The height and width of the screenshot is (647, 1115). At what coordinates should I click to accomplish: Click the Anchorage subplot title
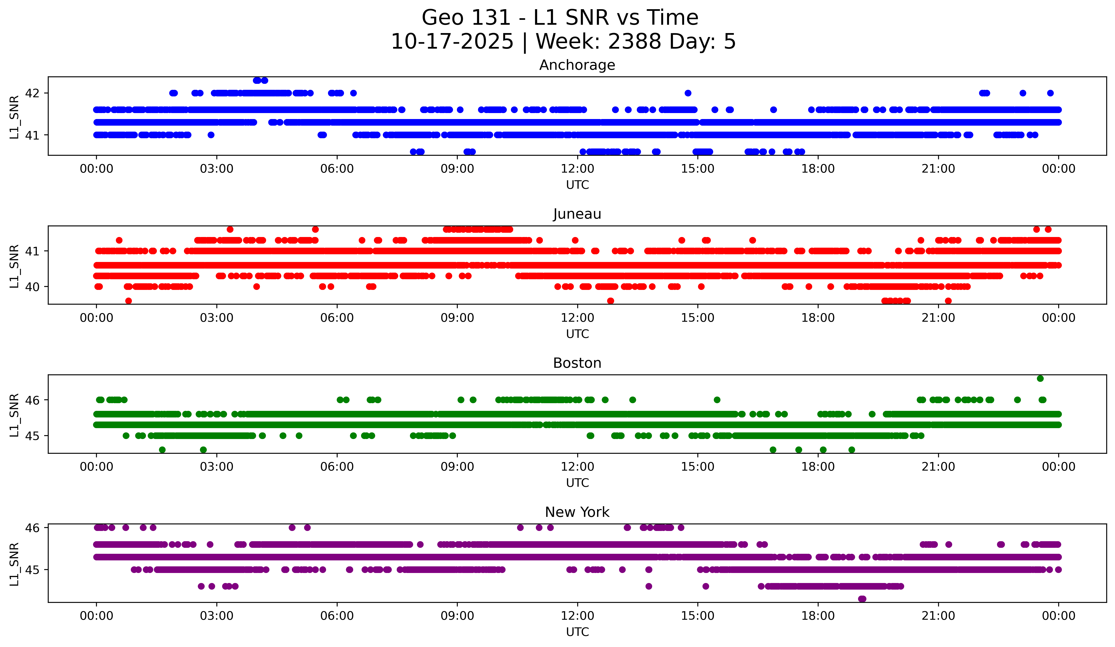point(577,65)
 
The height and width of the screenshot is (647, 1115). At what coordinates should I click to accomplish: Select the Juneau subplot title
point(577,214)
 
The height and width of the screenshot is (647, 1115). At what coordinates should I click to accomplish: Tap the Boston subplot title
point(577,363)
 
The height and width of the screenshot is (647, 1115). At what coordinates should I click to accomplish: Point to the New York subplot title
point(577,512)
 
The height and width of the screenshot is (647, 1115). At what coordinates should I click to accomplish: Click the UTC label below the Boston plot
point(577,483)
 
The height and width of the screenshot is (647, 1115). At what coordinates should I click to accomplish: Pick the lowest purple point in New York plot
point(862,599)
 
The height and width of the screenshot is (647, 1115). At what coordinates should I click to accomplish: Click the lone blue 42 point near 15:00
point(688,93)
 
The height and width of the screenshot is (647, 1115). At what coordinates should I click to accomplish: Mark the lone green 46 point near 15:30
point(717,400)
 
